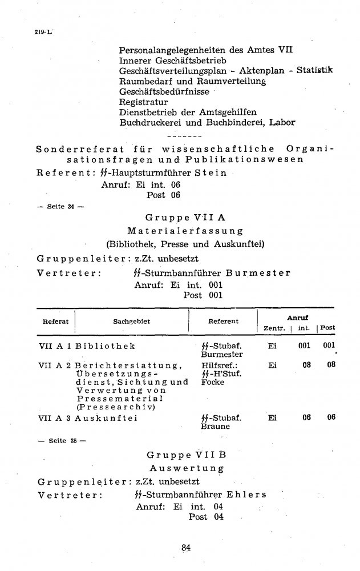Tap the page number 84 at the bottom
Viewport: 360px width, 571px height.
pyautogui.click(x=185, y=547)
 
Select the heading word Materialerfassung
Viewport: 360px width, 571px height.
pyautogui.click(x=185, y=231)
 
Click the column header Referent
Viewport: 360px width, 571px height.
pyautogui.click(x=223, y=321)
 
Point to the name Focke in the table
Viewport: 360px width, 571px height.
pyautogui.click(x=213, y=382)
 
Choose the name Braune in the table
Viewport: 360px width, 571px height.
pyautogui.click(x=215, y=426)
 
